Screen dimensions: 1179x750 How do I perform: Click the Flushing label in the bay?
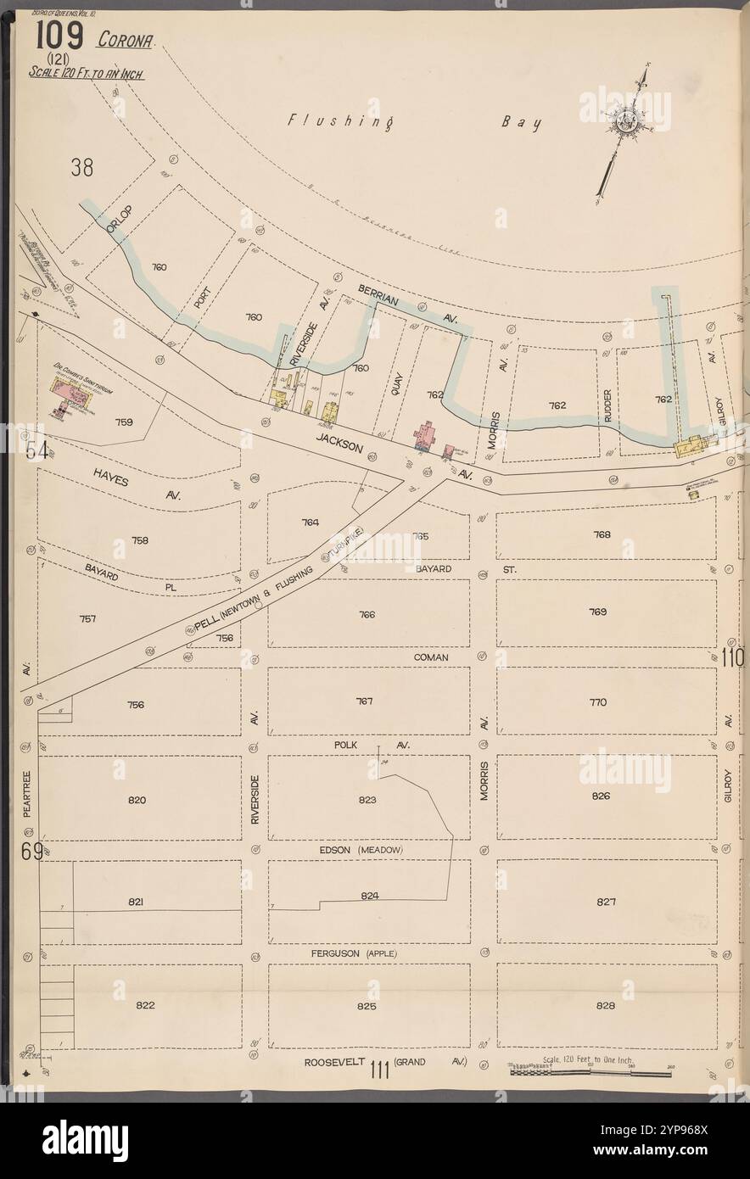[339, 121]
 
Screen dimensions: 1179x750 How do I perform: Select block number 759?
[124, 421]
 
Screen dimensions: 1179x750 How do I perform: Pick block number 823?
[367, 800]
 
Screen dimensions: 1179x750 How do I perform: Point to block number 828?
[605, 1006]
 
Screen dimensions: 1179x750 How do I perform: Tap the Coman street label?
[431, 657]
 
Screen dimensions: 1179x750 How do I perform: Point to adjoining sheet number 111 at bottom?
[378, 1070]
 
